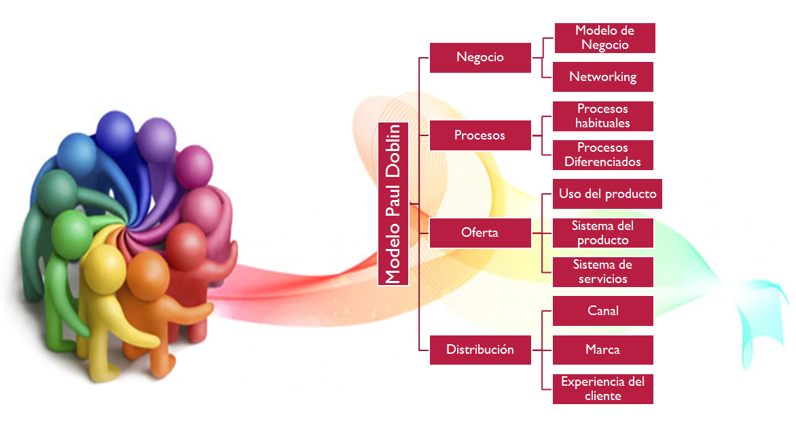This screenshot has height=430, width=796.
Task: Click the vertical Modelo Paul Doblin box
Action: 393,204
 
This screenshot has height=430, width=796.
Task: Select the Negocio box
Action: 480,57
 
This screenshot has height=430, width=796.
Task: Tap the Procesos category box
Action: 480,135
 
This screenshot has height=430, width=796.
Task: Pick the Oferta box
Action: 480,233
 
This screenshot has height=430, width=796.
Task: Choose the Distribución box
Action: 480,350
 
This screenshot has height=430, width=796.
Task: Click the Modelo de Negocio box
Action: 604,37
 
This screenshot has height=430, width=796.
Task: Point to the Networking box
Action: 603,77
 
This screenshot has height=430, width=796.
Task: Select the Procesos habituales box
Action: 603,116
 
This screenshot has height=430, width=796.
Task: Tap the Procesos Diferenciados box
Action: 603,154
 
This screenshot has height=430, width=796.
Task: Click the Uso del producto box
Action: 607,194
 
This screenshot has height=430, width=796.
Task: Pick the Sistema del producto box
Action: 603,233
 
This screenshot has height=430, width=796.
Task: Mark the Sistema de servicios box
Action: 603,272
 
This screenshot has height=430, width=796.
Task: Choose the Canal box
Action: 603,310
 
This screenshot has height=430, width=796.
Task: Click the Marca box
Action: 603,350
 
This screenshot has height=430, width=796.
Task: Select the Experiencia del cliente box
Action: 603,388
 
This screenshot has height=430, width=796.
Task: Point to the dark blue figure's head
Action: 115,133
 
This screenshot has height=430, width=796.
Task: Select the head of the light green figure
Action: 72,234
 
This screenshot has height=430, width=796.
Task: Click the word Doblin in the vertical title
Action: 393,151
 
